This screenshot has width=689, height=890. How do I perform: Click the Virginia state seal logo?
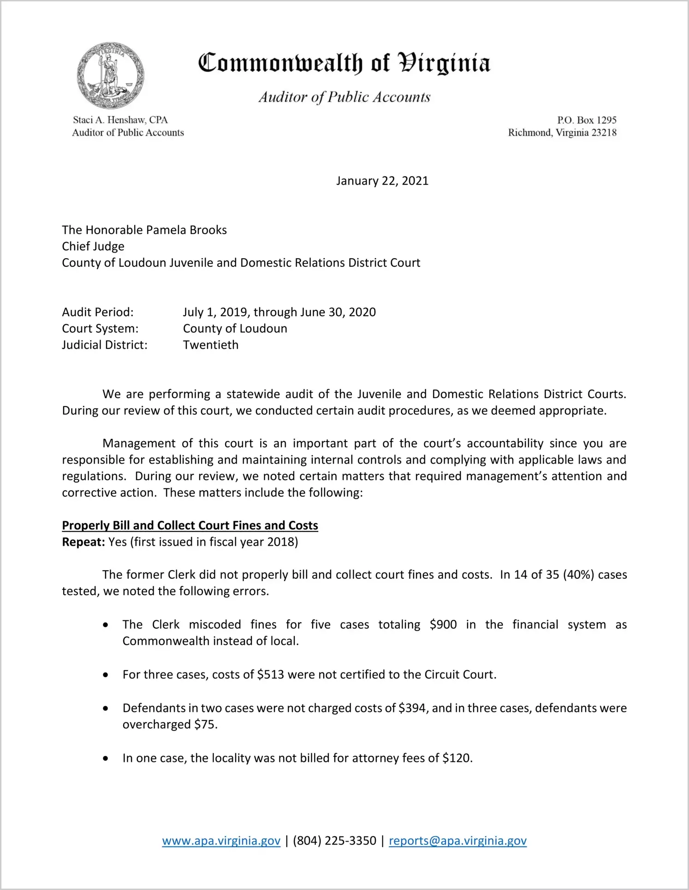coord(110,75)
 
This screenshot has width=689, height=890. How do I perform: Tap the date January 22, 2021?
coord(382,181)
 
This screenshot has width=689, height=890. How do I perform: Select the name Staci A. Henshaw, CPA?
coord(120,120)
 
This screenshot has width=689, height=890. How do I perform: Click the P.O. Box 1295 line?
coord(586,120)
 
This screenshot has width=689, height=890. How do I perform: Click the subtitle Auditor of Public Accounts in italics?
coord(344,97)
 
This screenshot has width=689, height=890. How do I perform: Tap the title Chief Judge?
coord(93,246)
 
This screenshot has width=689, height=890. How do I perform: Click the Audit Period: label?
coord(98,312)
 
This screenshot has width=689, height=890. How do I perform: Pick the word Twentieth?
coord(211,345)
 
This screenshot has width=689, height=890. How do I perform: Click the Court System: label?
coord(100,329)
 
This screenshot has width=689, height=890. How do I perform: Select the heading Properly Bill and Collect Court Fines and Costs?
coord(190,525)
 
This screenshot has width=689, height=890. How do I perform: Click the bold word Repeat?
coord(83,542)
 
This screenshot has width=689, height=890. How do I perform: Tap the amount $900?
coord(443,625)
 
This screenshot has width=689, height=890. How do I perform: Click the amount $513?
coord(270,675)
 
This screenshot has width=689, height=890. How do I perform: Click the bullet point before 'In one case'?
coord(106,758)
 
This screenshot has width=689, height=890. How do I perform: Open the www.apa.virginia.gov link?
coord(221,841)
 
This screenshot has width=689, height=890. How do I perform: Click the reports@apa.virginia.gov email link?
coord(457,841)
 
